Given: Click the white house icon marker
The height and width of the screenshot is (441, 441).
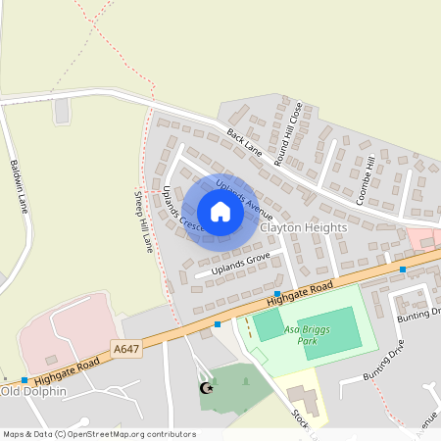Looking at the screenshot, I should click(220, 212).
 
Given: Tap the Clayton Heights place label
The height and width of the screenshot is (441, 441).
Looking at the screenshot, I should click(305, 227).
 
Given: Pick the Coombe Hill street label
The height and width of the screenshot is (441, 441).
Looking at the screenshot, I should click(367, 181).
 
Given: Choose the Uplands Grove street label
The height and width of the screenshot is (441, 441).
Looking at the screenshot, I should click(240, 263).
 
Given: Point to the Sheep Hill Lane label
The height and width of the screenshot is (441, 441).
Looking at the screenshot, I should click(143, 220).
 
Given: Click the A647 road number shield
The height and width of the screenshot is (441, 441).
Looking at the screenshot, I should click(125, 348).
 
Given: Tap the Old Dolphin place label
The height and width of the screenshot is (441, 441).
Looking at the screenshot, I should click(33, 392).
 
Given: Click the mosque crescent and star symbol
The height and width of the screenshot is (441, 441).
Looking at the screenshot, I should click(207, 389).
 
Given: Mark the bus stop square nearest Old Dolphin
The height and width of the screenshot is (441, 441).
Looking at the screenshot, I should click(24, 380).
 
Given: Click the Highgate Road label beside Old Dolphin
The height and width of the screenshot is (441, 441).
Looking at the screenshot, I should click(68, 368).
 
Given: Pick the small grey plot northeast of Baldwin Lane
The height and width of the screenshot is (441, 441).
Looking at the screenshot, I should click(62, 111).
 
